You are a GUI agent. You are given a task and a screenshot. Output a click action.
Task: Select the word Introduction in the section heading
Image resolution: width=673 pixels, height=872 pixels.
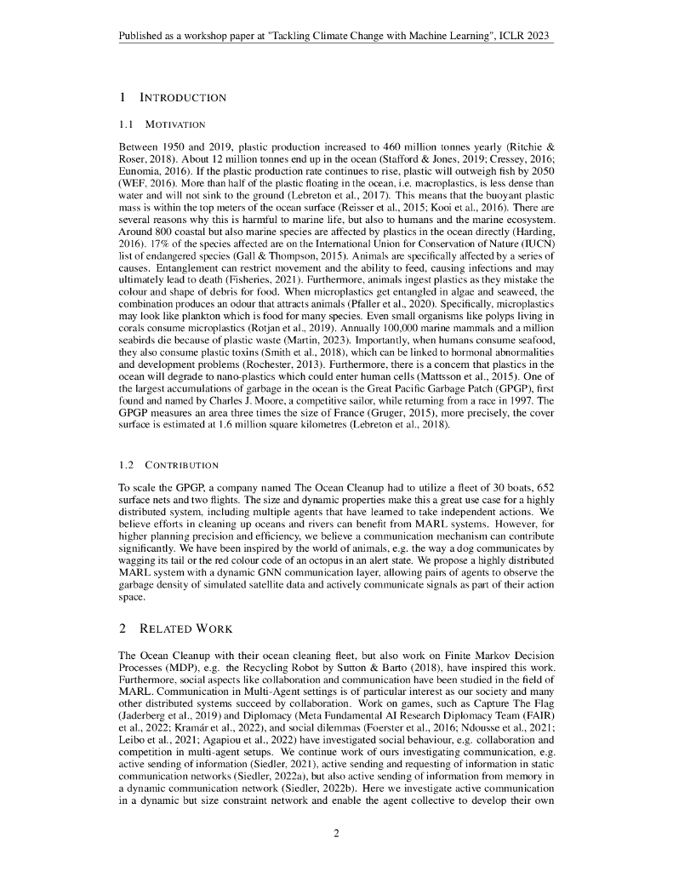click(x=183, y=97)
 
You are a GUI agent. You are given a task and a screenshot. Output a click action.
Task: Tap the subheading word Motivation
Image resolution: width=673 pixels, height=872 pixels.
click(x=176, y=124)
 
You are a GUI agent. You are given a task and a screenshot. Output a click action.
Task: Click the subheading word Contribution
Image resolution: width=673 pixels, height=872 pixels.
click(x=182, y=465)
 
